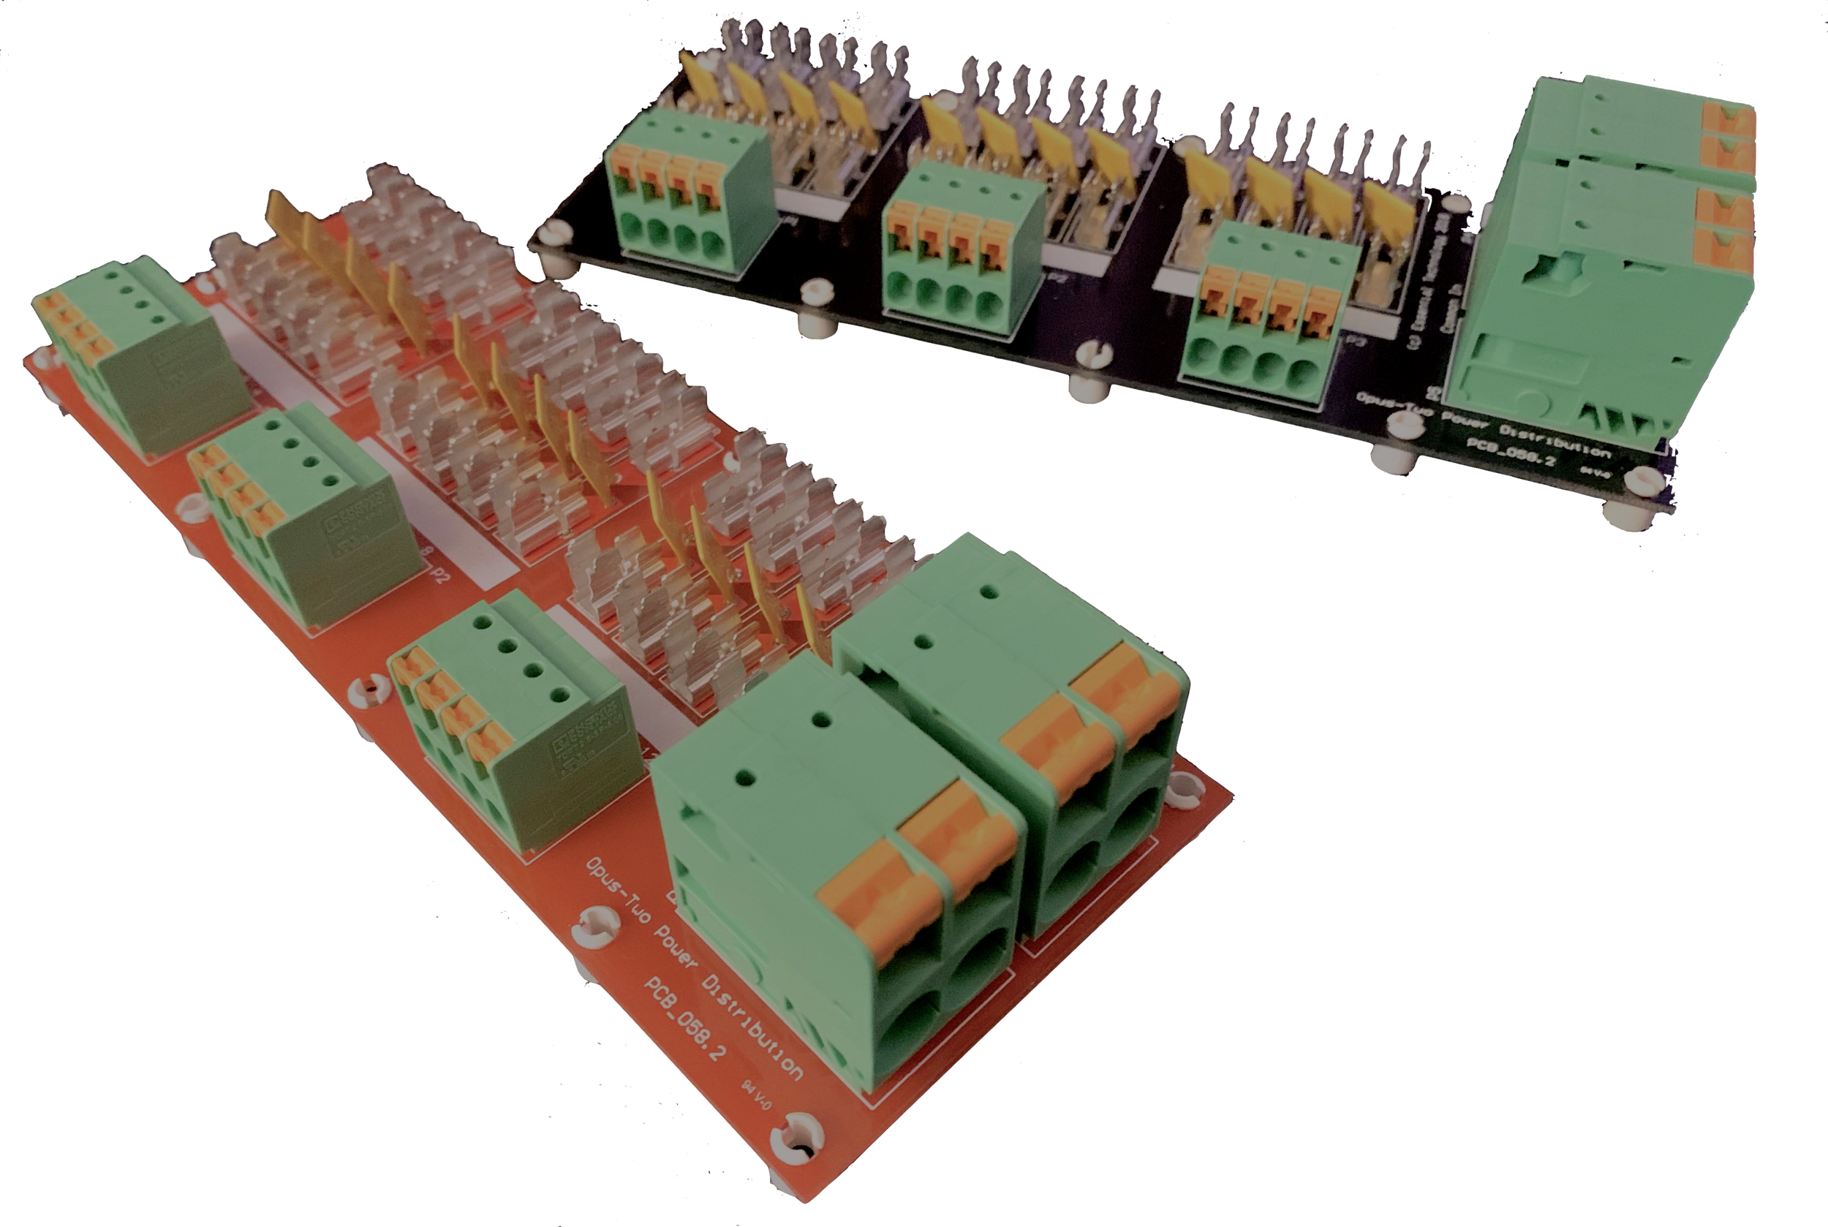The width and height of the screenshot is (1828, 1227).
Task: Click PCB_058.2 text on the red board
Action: (x=684, y=1017)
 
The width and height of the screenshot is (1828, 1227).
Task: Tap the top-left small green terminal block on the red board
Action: (x=141, y=352)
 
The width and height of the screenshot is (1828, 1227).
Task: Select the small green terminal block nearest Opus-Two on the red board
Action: (x=516, y=720)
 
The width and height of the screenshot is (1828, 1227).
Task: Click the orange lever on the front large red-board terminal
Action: (x=915, y=869)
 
